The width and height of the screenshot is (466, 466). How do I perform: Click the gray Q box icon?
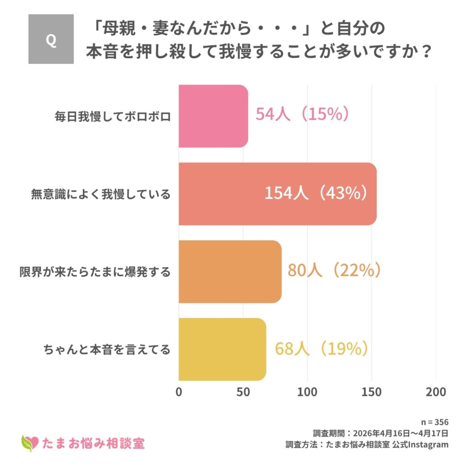tap(51, 39)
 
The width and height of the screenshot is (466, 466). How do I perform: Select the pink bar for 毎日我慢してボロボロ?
tap(213, 116)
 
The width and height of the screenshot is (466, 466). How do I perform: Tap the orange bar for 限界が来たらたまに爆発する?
tap(230, 272)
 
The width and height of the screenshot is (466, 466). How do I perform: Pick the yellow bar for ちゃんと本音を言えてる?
tap(222, 349)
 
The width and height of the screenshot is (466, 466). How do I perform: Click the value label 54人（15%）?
tap(302, 114)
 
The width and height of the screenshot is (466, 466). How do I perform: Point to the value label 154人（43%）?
tap(316, 193)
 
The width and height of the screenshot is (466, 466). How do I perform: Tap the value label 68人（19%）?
tap(321, 349)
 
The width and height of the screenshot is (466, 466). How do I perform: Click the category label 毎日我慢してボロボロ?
tap(112, 116)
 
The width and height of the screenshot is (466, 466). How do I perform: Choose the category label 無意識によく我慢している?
tap(101, 194)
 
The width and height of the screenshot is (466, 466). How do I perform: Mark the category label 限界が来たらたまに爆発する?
tap(95, 272)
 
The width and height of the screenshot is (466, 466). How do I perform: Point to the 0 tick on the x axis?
tap(179, 392)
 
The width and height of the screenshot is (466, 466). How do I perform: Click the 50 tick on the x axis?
tap(243, 392)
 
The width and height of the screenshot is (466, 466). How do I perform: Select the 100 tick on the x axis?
tap(307, 392)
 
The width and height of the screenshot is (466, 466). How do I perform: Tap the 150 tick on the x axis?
tap(371, 392)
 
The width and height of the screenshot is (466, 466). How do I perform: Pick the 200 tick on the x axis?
tap(436, 392)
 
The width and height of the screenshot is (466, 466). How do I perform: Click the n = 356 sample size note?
tap(436, 421)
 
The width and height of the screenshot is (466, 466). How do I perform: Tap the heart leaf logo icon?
tap(30, 442)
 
